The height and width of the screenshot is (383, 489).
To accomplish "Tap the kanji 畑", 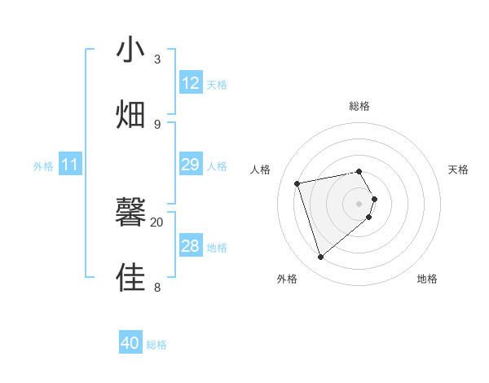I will click(131, 114).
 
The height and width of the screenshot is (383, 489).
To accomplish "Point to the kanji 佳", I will click(131, 277).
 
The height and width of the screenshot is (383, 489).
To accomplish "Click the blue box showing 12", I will click(191, 83).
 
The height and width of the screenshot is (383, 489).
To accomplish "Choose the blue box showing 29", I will click(191, 165).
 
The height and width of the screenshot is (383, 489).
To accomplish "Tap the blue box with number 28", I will click(191, 246).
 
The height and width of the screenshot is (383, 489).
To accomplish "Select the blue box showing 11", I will click(70, 165).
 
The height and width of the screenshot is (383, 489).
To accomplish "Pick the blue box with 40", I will click(130, 343).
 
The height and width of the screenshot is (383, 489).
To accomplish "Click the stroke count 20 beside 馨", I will click(157, 222).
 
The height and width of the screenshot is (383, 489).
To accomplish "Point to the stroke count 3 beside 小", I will click(157, 59).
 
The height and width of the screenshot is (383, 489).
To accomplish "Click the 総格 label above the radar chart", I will click(359, 106).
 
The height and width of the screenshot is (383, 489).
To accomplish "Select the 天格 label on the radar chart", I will click(458, 169).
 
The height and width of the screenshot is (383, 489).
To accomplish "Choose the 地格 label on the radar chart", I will click(427, 279).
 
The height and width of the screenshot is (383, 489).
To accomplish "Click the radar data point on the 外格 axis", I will click(320, 258).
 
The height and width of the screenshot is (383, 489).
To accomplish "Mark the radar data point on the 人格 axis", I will click(297, 183).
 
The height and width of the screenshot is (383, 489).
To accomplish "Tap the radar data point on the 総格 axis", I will click(359, 171).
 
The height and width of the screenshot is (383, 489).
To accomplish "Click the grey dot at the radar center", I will click(359, 203).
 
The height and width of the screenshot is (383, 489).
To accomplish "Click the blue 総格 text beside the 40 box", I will click(156, 345).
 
